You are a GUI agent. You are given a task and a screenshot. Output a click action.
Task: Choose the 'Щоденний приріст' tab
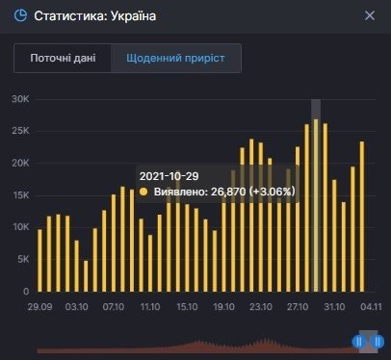pos(176,58)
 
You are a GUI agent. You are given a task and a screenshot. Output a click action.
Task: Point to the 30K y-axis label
pos(20,99)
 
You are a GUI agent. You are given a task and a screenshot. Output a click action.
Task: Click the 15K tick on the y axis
pos(20,194)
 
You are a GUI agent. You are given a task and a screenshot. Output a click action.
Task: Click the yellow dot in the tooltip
pos(144,193)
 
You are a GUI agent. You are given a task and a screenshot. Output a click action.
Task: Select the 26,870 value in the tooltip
pos(232,193)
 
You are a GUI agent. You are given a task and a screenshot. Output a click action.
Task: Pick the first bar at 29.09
pos(39,260)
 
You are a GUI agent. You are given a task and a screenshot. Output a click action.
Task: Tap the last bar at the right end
pos(362,217)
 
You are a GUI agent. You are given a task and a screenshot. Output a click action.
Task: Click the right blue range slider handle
pos(378,341)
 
